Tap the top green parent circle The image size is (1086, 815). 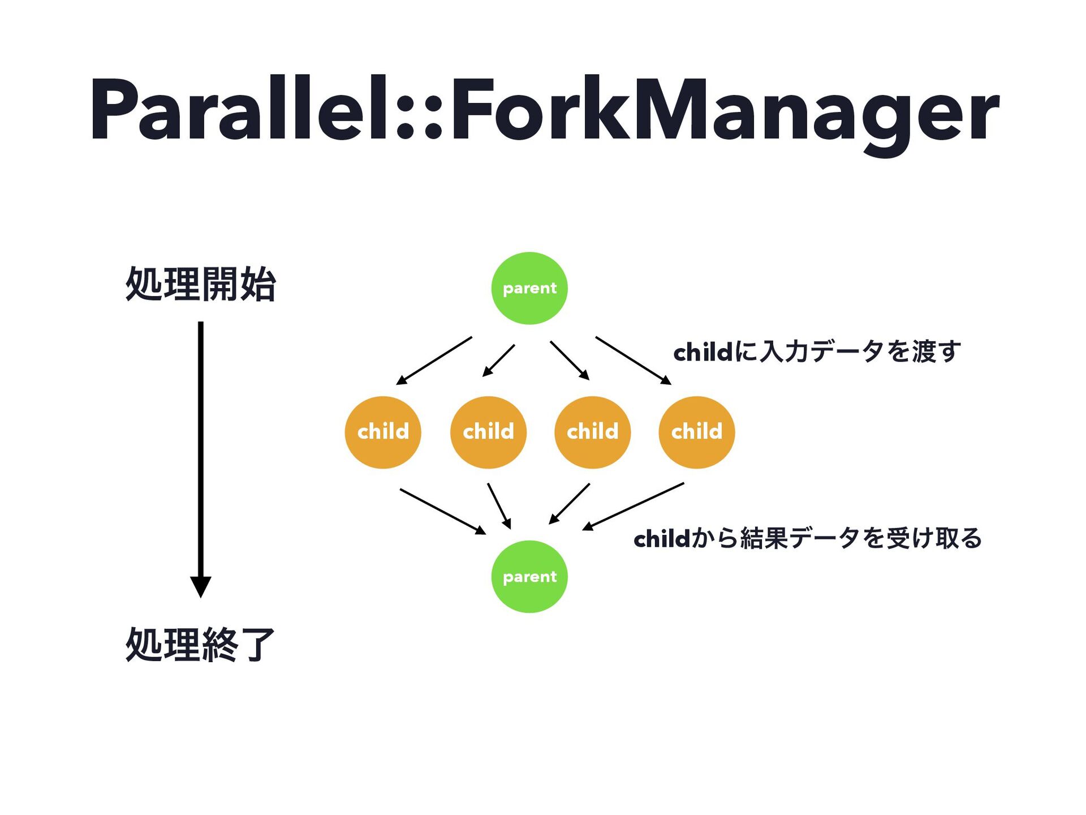coord(529,288)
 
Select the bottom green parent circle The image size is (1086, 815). coord(529,576)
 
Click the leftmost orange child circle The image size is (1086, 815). coord(383,432)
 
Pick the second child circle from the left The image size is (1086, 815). coord(488,432)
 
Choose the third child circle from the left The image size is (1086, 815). coord(592,432)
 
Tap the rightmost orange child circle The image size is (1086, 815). coord(696,432)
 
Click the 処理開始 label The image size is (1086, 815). coord(201,284)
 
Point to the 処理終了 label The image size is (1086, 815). coord(201,644)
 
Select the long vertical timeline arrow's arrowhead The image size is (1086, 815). coord(200,586)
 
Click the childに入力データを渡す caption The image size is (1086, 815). coord(817,351)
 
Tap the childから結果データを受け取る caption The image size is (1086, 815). coord(808,538)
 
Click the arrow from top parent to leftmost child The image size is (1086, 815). coord(434,361)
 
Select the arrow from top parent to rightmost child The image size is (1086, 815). coord(633,361)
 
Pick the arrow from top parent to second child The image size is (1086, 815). coord(498,361)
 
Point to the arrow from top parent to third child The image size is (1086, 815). coord(570,361)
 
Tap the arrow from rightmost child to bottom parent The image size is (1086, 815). coord(633,506)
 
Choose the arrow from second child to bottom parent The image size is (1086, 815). coord(499,505)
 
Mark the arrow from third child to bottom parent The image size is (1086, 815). coord(570,503)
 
